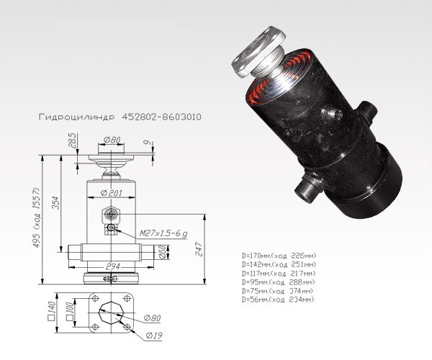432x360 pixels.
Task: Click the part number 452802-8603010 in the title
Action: pos(161,117)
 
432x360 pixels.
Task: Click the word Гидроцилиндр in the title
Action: pos(76,117)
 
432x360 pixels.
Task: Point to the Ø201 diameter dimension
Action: pos(112,192)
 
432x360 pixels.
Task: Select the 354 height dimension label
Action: pos(56,202)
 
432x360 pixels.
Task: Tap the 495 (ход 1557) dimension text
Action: pos(37,217)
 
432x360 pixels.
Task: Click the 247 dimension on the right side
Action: pos(199,249)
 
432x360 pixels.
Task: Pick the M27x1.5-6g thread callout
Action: pos(163,234)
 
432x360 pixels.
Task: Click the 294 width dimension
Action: pos(112,266)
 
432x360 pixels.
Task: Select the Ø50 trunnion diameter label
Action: pos(163,252)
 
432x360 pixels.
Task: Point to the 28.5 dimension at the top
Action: pos(73,140)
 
